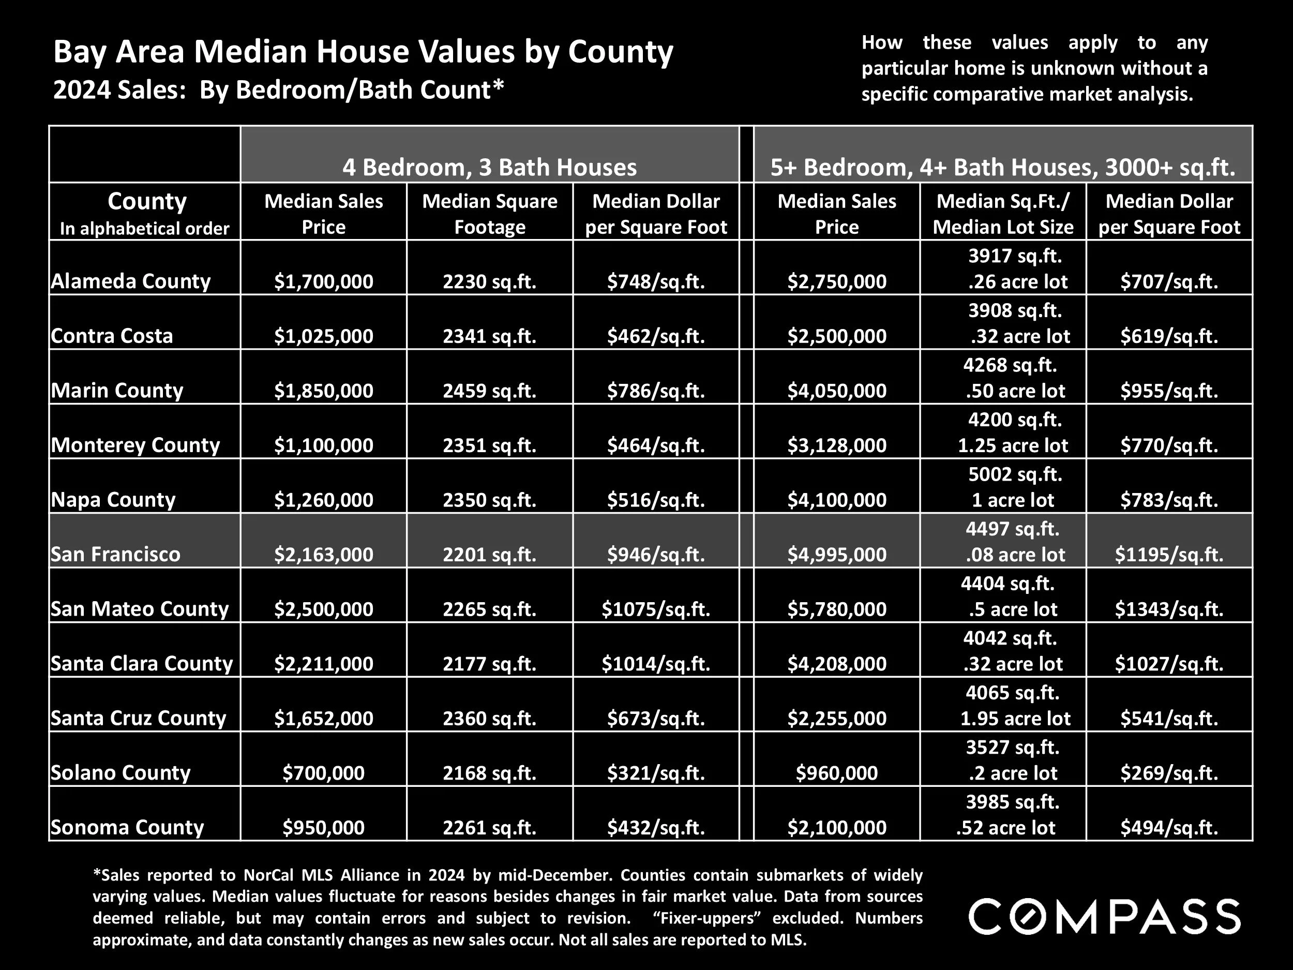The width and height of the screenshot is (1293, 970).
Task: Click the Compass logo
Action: (x=1104, y=917)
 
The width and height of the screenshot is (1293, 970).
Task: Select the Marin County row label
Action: (x=117, y=390)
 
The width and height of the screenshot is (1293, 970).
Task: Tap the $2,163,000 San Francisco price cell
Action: (x=323, y=554)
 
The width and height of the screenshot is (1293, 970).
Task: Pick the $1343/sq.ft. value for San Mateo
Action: (x=1168, y=609)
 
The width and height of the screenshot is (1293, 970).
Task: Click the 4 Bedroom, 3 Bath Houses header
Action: (x=489, y=167)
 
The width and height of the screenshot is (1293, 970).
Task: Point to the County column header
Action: (x=147, y=202)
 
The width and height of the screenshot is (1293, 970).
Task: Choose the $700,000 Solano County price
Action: (x=323, y=773)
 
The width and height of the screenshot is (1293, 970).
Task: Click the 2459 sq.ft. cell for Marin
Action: (x=489, y=391)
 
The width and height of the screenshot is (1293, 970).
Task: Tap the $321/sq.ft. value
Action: (x=656, y=773)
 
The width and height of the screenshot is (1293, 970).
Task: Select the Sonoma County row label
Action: (x=127, y=827)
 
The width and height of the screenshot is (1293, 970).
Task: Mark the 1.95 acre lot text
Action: (x=1015, y=718)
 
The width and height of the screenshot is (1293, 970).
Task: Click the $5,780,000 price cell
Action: (x=836, y=609)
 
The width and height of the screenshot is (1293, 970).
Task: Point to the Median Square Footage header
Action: (x=489, y=214)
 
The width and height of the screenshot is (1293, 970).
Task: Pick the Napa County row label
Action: (x=113, y=499)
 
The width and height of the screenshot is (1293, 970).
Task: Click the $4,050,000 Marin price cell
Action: (x=836, y=391)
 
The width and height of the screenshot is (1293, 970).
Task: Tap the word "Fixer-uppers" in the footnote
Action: (x=708, y=918)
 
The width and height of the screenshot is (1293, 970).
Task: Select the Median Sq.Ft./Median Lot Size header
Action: (x=1003, y=214)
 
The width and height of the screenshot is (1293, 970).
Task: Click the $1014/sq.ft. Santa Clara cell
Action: (x=656, y=664)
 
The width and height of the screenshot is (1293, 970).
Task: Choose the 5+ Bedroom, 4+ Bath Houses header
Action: (x=1002, y=167)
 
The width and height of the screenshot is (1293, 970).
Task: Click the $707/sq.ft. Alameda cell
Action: (x=1168, y=282)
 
